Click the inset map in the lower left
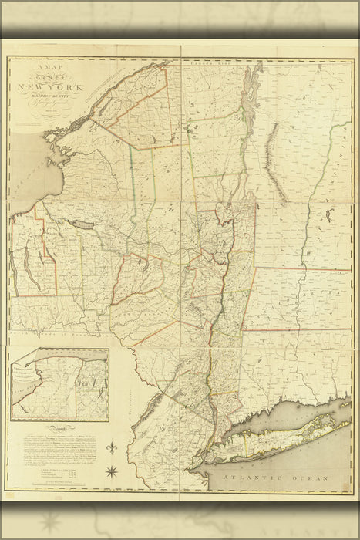tap(60, 385)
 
